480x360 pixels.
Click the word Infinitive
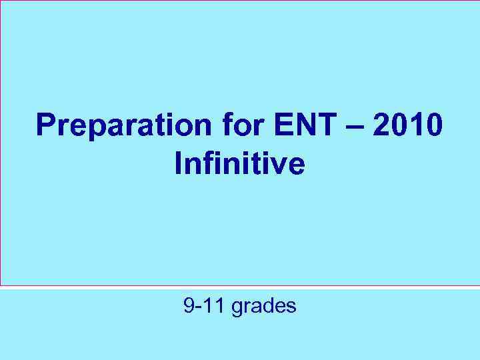[240, 162]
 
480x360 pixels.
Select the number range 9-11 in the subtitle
[204, 306]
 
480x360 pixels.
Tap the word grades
[263, 307]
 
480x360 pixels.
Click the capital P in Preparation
[46, 126]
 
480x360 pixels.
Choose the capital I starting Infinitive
[178, 162]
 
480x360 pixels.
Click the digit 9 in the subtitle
[189, 306]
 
